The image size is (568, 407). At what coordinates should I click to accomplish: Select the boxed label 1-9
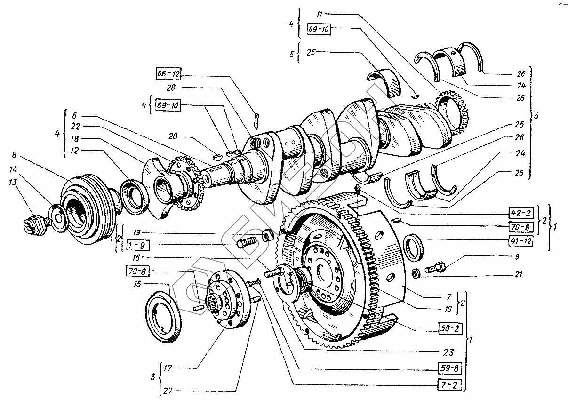click(x=137, y=245)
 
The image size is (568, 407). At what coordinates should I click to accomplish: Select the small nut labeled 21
click(x=416, y=273)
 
